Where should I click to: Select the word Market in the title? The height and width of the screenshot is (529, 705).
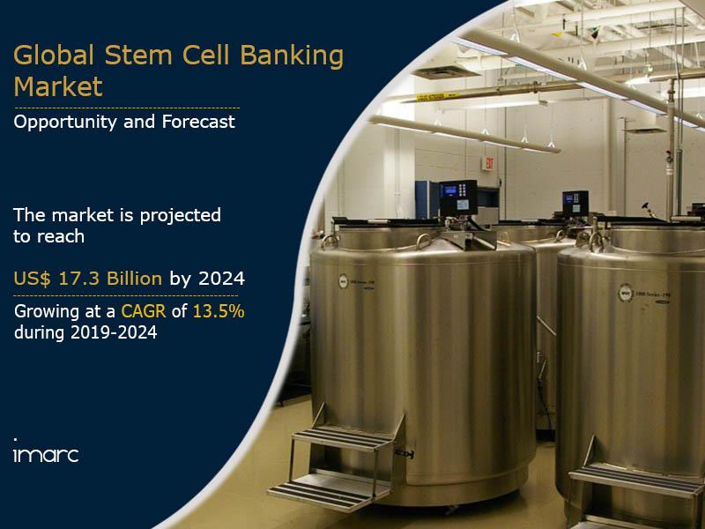(x=58, y=87)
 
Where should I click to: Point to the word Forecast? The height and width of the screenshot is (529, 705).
(x=198, y=122)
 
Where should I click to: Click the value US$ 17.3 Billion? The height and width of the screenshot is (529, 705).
(x=87, y=279)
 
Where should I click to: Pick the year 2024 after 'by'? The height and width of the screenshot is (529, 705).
(x=221, y=279)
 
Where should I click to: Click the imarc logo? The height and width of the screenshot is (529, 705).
(x=45, y=454)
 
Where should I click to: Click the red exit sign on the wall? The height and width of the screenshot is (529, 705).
(x=488, y=163)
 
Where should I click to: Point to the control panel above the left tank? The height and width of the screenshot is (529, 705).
(x=458, y=195)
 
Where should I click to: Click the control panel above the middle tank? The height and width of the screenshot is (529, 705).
(x=575, y=201)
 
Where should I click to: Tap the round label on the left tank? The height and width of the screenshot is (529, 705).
(x=343, y=281)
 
